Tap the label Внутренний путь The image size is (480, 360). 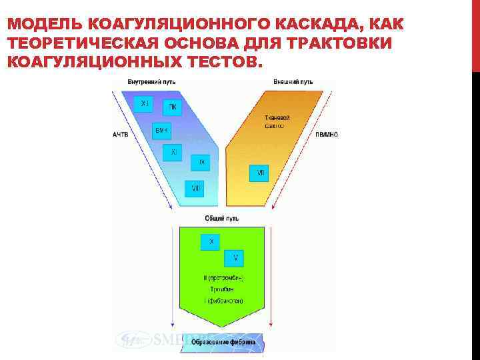147,82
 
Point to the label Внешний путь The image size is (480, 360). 293,82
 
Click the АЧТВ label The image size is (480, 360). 120,134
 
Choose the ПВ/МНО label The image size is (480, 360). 326,134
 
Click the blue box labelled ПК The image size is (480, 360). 172,107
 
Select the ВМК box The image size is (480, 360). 162,130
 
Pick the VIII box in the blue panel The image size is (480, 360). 195,189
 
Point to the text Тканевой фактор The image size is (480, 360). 274,121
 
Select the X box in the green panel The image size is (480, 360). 211,242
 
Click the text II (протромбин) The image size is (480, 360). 223,277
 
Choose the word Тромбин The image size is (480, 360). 223,289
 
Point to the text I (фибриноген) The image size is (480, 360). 223,301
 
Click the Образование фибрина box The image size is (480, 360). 224,342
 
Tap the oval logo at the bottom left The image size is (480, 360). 133,340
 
